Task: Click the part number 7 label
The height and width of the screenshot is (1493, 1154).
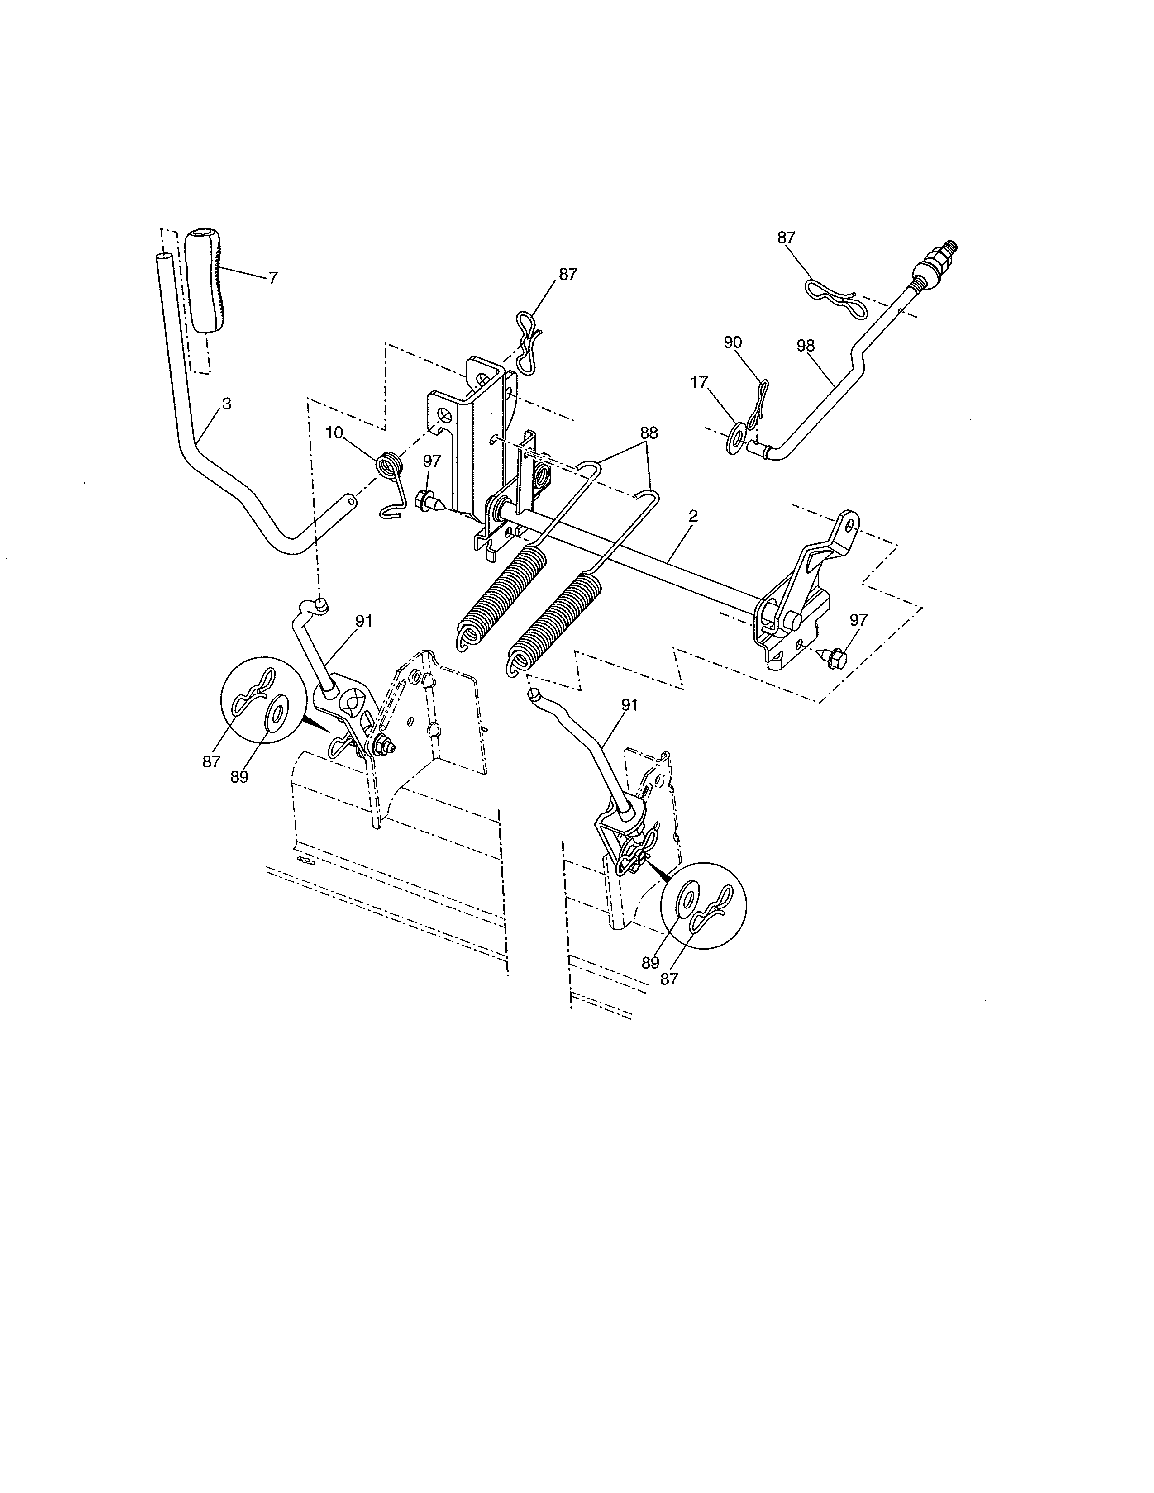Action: coord(273,278)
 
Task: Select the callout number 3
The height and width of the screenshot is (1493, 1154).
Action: coord(226,404)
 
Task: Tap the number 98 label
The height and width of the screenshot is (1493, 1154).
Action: coord(806,346)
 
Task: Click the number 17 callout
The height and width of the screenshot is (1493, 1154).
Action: coord(699,382)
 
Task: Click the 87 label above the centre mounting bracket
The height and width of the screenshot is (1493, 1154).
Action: coord(567,274)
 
